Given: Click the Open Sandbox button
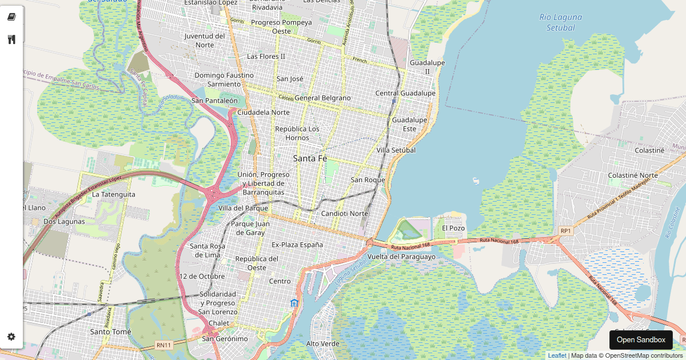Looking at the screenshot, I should click(641, 339).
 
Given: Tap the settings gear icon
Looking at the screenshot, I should click(11, 337).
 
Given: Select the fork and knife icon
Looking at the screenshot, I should click(11, 39).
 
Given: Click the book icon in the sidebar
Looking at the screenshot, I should click(11, 17).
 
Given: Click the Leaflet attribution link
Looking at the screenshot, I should click(557, 355).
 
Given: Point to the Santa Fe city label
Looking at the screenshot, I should click(310, 158).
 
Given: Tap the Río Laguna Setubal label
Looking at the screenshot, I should click(560, 22).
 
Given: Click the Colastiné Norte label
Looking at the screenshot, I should click(633, 175).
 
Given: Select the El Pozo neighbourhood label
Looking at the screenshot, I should click(453, 228).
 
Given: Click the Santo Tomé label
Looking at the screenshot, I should click(111, 331).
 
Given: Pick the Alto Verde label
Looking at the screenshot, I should click(323, 343).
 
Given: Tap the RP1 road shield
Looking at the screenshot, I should click(565, 231).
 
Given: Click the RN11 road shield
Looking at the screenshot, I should click(163, 345).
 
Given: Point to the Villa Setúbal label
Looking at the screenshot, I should click(396, 150).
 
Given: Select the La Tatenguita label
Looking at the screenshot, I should click(114, 194).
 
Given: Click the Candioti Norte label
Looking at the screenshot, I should click(345, 213).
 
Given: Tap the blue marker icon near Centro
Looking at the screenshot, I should click(294, 303).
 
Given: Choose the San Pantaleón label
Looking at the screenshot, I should click(214, 101).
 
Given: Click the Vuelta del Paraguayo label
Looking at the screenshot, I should click(401, 257).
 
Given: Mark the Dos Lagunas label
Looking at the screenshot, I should click(64, 221).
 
